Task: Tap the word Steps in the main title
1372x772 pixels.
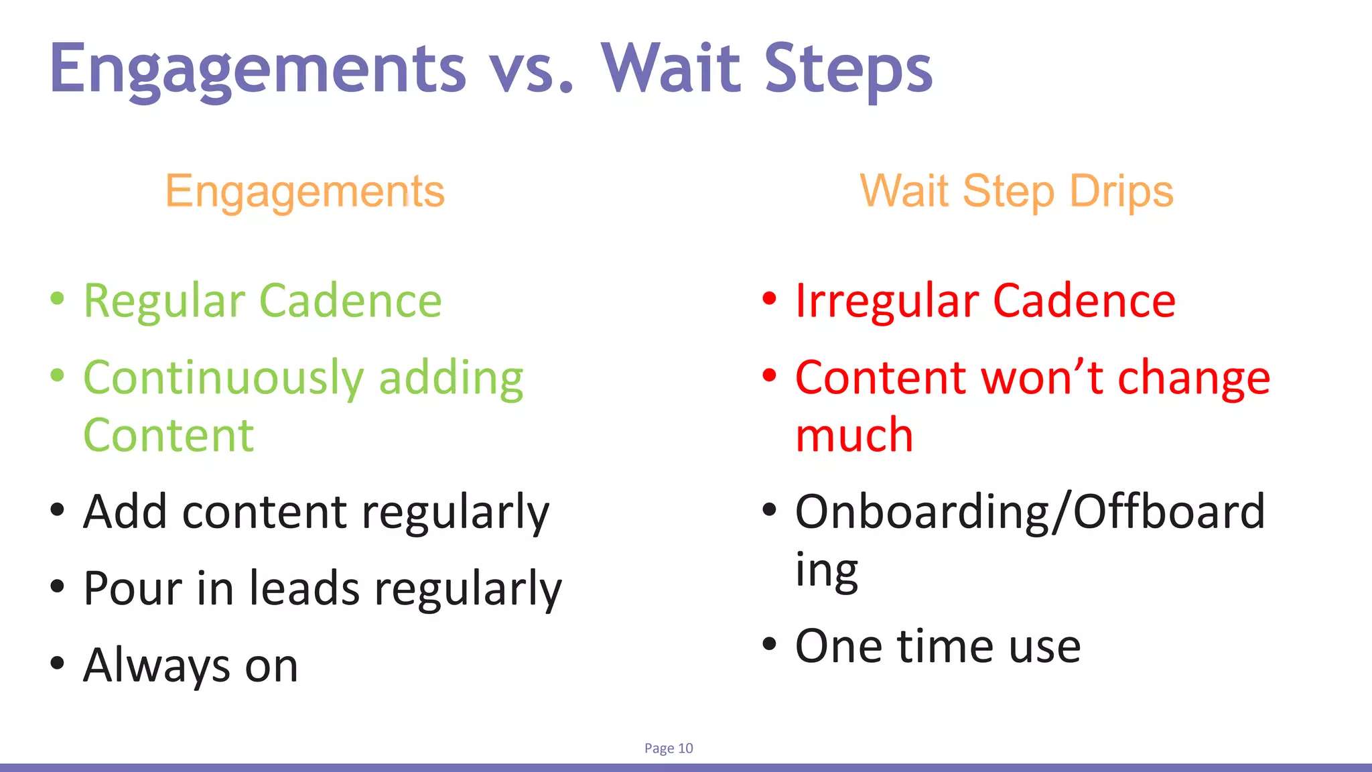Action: tap(848, 70)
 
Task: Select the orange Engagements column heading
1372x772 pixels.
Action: tap(305, 192)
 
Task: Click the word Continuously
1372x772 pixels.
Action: tap(223, 379)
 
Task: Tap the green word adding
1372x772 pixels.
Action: tap(451, 379)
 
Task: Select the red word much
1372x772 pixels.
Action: tap(854, 436)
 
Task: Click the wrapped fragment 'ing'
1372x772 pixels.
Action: tap(826, 571)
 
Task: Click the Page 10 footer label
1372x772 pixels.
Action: tap(669, 749)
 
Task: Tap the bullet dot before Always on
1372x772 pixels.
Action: tap(58, 663)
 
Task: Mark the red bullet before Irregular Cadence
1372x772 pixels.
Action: tap(770, 299)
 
